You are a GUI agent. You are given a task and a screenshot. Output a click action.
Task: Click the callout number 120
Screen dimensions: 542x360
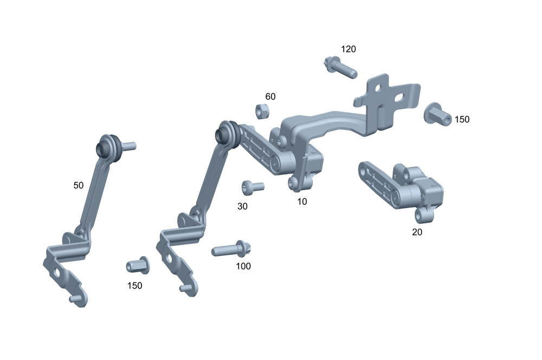click(x=348, y=49)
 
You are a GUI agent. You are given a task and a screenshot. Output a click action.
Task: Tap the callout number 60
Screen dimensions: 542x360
click(x=270, y=97)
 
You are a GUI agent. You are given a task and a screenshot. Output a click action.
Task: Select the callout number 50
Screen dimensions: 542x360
click(x=79, y=185)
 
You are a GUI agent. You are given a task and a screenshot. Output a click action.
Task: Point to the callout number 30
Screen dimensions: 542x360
click(x=242, y=207)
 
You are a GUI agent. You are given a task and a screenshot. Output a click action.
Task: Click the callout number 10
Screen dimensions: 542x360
click(x=302, y=202)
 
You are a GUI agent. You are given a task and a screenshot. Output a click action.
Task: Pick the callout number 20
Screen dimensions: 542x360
click(x=417, y=232)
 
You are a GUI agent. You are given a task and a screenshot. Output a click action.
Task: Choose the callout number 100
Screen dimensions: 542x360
click(x=243, y=266)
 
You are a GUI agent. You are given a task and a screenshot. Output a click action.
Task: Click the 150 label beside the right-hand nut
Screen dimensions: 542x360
click(x=462, y=119)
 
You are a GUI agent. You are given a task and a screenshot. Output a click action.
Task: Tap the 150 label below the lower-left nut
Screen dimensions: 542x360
click(x=134, y=286)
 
